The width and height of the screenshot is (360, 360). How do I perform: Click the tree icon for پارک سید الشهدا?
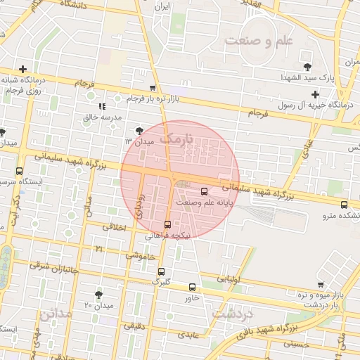307,67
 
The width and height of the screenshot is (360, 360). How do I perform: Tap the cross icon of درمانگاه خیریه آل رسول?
315,94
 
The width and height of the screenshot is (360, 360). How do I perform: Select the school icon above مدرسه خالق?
103,106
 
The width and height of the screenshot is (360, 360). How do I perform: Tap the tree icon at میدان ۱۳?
139,130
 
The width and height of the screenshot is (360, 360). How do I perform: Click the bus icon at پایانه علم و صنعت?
205,191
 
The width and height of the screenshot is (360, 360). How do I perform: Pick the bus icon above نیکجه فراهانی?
167,225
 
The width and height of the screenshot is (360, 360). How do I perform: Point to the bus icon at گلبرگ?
162,271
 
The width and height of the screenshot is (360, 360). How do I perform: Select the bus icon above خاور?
192,287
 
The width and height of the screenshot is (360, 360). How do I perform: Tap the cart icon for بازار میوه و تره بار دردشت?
321,285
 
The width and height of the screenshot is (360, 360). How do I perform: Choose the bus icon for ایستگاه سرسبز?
18,171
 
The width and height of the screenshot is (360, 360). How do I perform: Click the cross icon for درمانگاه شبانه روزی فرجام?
24,69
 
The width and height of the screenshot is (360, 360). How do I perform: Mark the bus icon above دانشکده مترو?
344,205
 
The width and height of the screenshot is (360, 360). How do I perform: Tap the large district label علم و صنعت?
258,41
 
